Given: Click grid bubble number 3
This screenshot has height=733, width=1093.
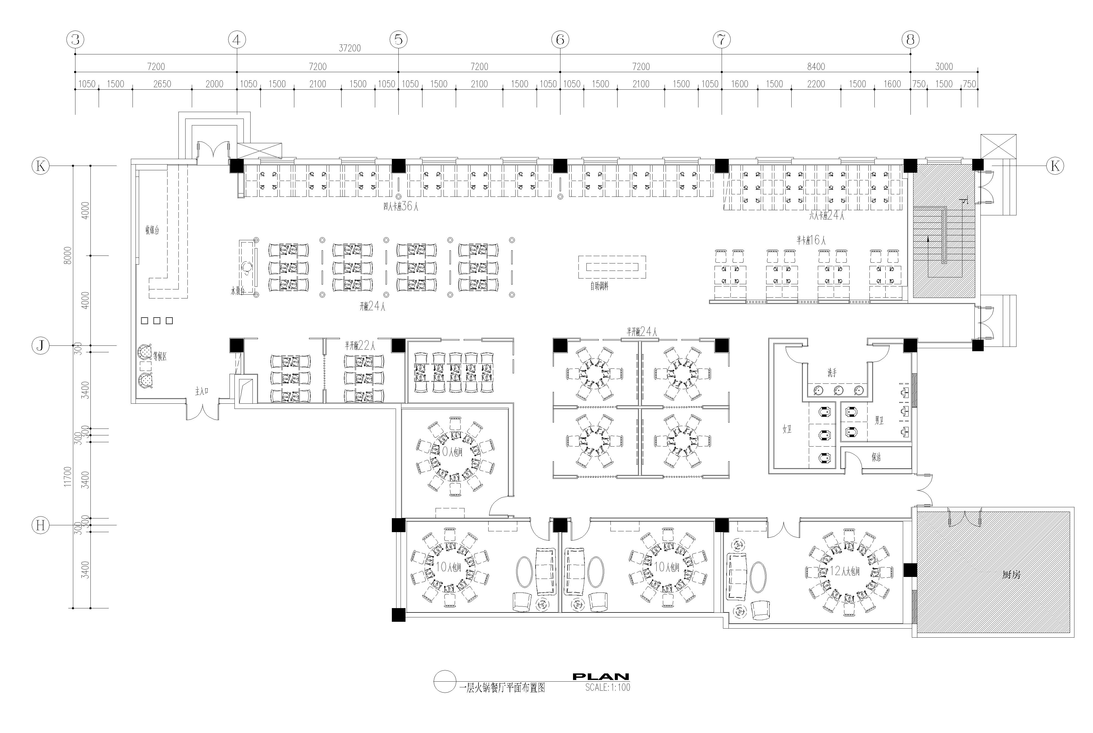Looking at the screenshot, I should coord(75,40).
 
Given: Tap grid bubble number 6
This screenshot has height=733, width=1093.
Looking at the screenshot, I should coord(560,40).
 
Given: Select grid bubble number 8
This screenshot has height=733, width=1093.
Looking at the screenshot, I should coord(910,40).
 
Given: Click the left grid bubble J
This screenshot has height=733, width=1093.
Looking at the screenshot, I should coord(41,345).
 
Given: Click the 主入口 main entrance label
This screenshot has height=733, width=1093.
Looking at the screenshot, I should coord(201,391).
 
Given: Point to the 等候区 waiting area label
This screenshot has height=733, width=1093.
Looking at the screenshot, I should coord(160,356).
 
